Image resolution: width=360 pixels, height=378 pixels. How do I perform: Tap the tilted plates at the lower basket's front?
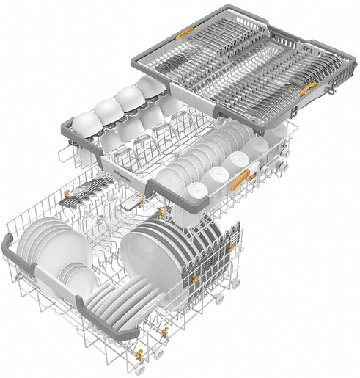click(117, 301)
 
